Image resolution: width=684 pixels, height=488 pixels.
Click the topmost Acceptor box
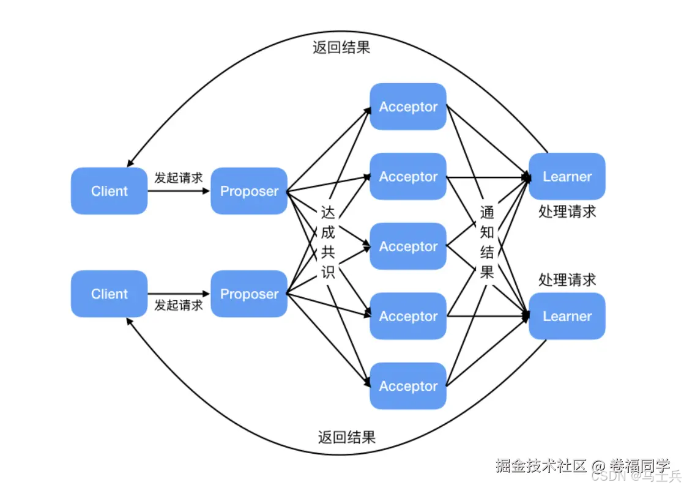click(408, 106)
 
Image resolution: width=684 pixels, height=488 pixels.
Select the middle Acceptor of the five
click(408, 246)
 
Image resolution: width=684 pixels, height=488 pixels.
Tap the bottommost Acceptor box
click(408, 386)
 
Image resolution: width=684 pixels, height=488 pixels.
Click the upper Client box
click(110, 191)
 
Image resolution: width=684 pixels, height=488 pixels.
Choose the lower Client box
click(110, 294)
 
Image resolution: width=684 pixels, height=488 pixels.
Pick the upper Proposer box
click(249, 191)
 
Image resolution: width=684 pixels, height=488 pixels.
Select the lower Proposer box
click(249, 294)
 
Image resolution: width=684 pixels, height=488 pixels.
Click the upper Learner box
click(567, 177)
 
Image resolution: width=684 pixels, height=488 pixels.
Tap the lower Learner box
click(567, 316)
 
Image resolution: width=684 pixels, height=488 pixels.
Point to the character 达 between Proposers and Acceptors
click(329, 213)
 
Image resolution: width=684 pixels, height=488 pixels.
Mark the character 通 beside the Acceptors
click(487, 213)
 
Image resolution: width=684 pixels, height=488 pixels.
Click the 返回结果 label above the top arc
click(341, 48)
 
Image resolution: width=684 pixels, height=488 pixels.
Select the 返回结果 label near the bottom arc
click(346, 437)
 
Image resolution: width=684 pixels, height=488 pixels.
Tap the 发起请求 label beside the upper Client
click(178, 178)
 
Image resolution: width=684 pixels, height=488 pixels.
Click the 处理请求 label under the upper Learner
click(567, 212)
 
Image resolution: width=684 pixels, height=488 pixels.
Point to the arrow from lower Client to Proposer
click(179, 294)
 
